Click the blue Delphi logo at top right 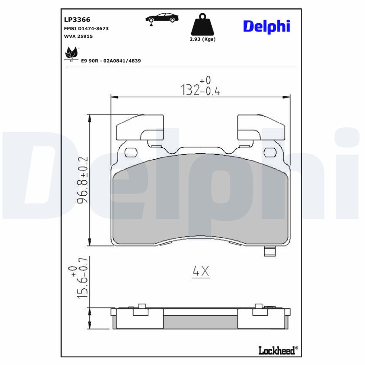[266, 26]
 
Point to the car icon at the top [162, 19]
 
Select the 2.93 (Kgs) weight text [202, 39]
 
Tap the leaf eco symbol [71, 53]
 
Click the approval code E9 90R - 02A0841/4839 [110, 60]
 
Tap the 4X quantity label [200, 272]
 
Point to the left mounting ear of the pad [140, 128]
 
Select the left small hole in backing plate [130, 152]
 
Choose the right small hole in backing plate [271, 152]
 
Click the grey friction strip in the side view [201, 322]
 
